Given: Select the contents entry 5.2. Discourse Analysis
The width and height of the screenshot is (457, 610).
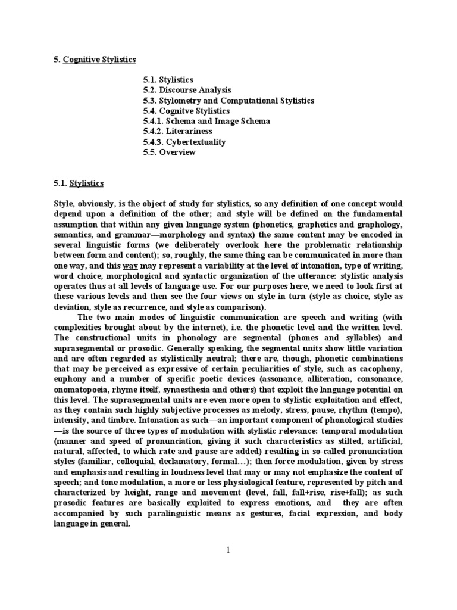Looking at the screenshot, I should [x=187, y=90].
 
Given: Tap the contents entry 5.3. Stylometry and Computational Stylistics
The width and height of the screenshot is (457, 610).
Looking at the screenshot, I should [x=228, y=101].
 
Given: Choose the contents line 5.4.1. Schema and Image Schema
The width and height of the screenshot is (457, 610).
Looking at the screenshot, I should [x=206, y=121].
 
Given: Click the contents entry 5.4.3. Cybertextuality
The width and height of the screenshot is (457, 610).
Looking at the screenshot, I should [x=184, y=142].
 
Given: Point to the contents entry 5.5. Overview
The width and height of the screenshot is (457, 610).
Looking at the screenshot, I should [x=169, y=152].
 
